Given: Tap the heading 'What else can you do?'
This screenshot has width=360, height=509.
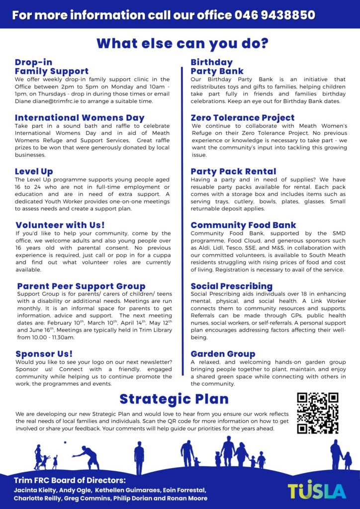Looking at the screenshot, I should tap(182, 44).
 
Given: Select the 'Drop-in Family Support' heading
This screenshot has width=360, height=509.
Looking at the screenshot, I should tap(52, 67).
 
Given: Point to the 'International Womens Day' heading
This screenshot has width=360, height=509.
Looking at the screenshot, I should tap(80, 118).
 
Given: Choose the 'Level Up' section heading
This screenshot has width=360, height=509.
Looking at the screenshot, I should tap(34, 171).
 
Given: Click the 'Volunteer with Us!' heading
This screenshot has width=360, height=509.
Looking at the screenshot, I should tap(60, 225).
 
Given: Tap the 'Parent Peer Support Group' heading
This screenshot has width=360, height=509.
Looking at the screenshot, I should tap(81, 286).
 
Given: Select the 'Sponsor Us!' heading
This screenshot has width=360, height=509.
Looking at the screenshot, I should tap(45, 354).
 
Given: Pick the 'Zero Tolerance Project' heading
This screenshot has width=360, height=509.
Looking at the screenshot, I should tap(243, 118).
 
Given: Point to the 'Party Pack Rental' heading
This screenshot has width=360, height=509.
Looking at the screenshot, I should tap(233, 171).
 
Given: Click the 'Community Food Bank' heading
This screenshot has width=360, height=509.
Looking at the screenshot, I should tap(243, 225).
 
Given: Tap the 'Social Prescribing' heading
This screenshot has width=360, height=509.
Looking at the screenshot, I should tap(231, 286).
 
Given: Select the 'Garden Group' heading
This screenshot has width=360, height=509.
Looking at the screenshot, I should tap(223, 354).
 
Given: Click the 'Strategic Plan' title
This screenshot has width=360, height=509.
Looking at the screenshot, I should tap(174, 399).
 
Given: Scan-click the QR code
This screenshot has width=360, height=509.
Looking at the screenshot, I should tap(317, 413).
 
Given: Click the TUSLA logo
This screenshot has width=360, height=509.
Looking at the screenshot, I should tap(317, 490).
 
